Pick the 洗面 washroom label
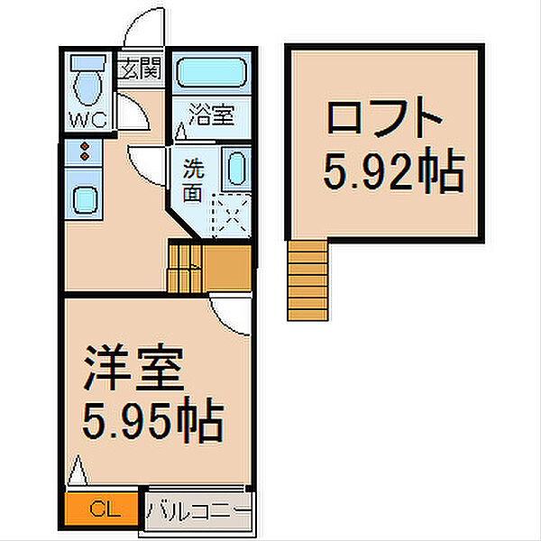pyautogui.click(x=193, y=179)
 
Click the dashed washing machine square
pyautogui.click(x=231, y=216)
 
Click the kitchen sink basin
pyautogui.click(x=83, y=199)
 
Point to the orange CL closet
pyautogui.click(x=102, y=509)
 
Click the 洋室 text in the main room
pyautogui.click(x=133, y=366)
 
